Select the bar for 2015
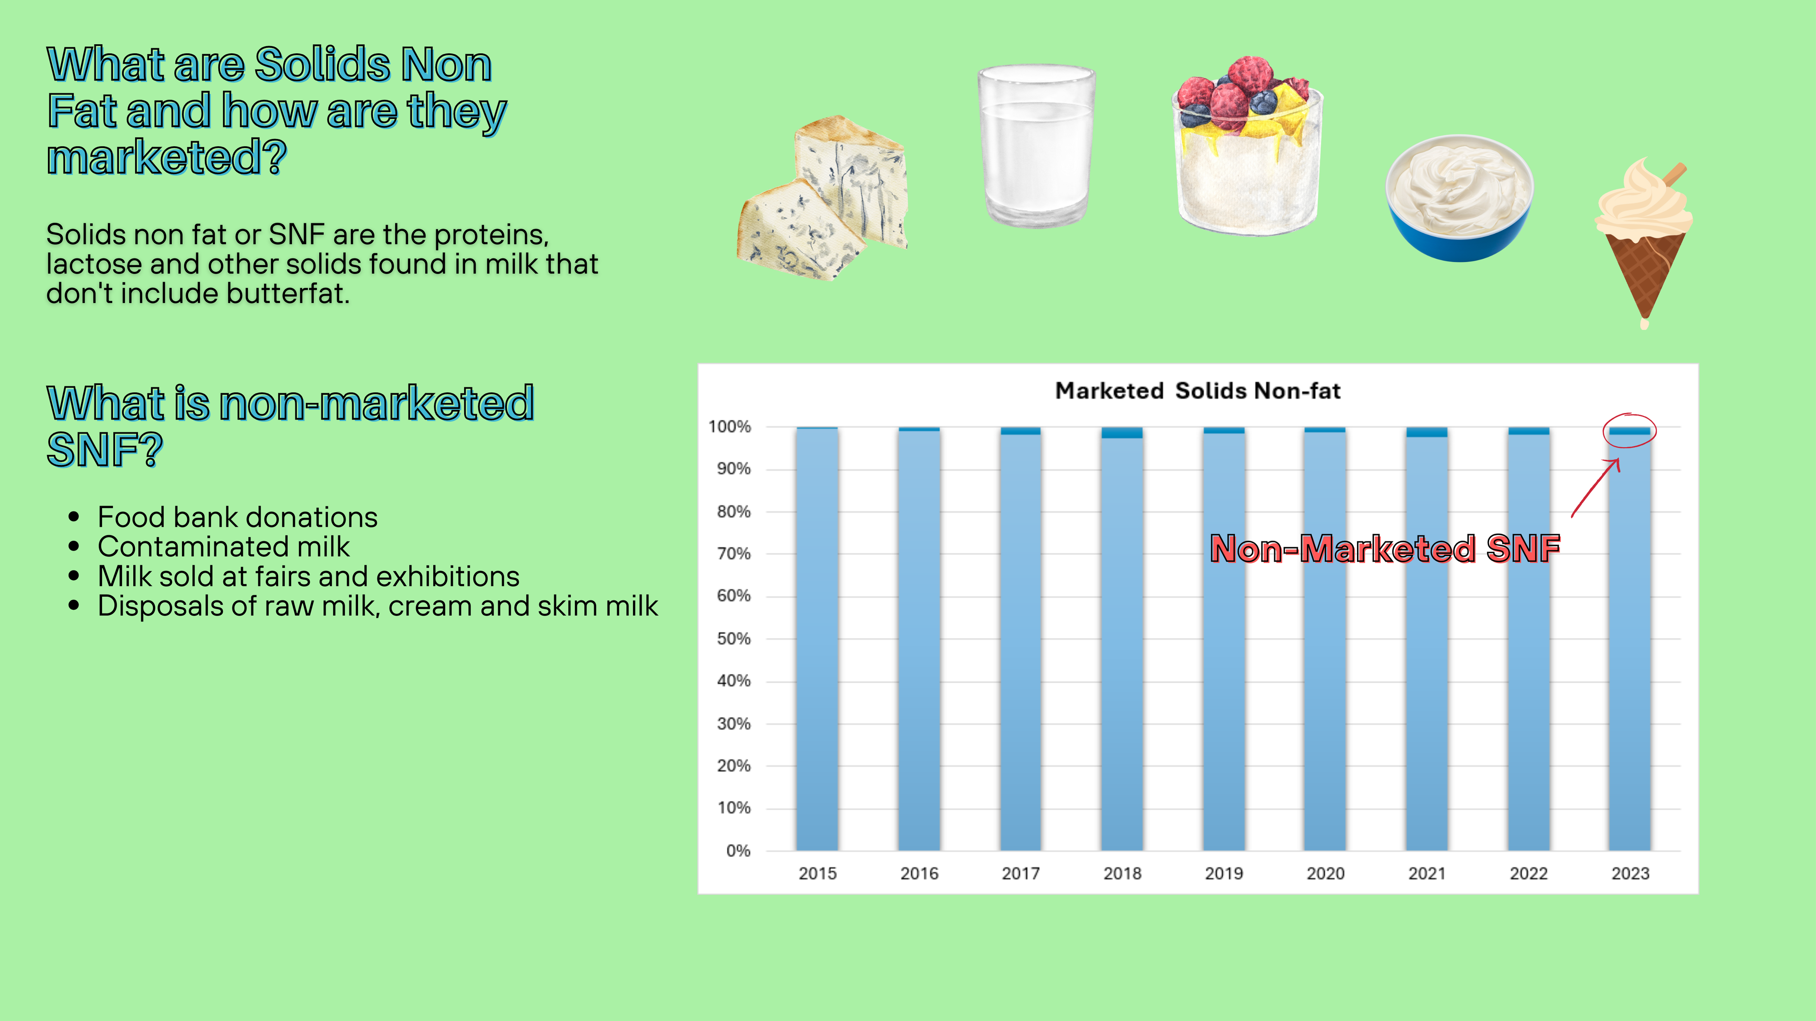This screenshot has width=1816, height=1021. pyautogui.click(x=817, y=638)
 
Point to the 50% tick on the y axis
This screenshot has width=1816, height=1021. pyautogui.click(x=733, y=638)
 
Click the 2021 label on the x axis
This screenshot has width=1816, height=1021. pyautogui.click(x=1427, y=874)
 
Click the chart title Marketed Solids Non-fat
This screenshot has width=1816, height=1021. pyautogui.click(x=1197, y=390)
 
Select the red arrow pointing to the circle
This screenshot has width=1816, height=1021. pyautogui.click(x=1595, y=488)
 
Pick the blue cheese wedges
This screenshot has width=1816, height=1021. pyautogui.click(x=822, y=198)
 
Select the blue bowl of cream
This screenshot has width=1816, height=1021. pyautogui.click(x=1459, y=198)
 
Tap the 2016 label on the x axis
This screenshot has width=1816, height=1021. pyautogui.click(x=919, y=874)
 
